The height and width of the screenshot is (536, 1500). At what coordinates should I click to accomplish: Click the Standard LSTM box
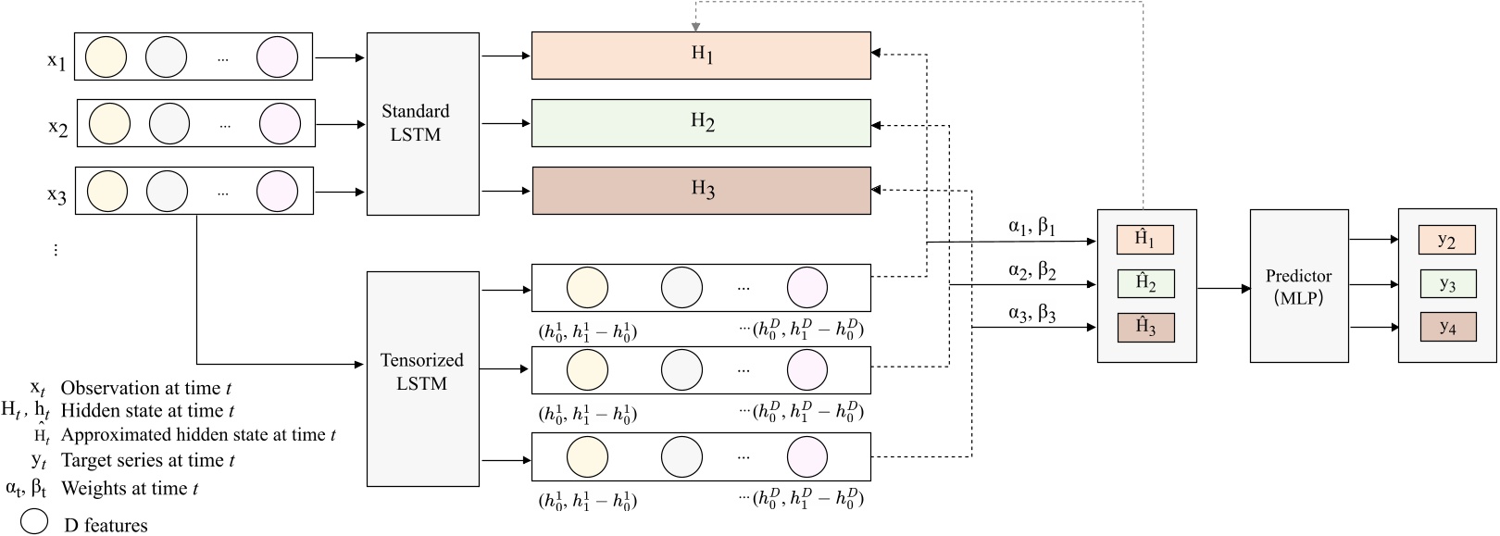click(422, 123)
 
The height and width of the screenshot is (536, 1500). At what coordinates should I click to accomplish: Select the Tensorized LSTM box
click(422, 378)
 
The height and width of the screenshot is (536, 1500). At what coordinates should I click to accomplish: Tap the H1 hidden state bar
click(701, 56)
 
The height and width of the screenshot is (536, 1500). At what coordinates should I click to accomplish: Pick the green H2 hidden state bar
click(701, 122)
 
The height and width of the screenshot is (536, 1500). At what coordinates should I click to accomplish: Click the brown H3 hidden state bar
click(701, 190)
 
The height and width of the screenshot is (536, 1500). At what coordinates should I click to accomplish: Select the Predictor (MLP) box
click(1298, 286)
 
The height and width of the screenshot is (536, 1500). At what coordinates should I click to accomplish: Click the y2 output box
click(1446, 241)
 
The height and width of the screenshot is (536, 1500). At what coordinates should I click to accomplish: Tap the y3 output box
click(1447, 284)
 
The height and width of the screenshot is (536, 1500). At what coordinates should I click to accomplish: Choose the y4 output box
click(1447, 327)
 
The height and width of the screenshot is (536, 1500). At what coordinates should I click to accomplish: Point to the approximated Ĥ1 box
click(1145, 240)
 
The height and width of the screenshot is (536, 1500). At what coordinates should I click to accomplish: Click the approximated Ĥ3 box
click(1145, 328)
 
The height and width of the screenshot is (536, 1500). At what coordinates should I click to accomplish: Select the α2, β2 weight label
click(1031, 271)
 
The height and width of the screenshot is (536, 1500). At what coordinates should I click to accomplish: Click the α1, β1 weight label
click(1031, 227)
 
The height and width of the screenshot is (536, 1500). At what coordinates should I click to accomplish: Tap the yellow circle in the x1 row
click(106, 57)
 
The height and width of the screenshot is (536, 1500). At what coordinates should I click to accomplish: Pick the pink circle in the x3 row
click(278, 192)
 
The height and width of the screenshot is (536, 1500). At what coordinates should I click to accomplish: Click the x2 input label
click(57, 127)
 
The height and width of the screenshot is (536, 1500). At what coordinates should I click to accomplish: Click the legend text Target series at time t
click(147, 460)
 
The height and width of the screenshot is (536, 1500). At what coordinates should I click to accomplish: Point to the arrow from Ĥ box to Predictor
click(1223, 289)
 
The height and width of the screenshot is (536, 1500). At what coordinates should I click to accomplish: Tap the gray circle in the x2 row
click(169, 124)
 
